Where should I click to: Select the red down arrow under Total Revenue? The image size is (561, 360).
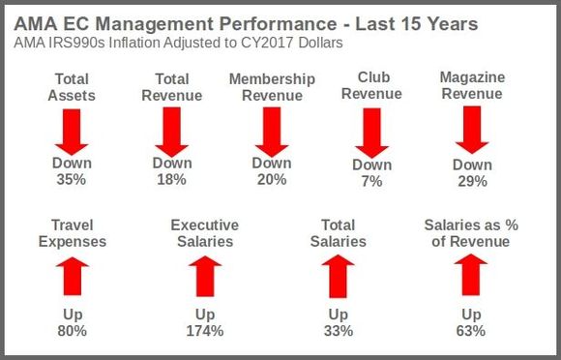click(171, 130)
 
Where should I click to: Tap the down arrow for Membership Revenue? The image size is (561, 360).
click(271, 130)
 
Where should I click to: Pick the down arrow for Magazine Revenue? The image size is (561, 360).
click(472, 130)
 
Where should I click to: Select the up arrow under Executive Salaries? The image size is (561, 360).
click(204, 275)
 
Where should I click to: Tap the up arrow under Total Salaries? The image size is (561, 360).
click(338, 275)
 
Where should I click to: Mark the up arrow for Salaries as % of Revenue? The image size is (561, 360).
click(471, 274)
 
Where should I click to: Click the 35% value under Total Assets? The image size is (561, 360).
click(72, 179)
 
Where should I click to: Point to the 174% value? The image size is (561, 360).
click(205, 331)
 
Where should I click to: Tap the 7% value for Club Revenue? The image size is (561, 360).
click(372, 180)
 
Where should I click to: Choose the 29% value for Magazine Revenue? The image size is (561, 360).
click(472, 181)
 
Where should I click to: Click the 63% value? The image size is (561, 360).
click(471, 331)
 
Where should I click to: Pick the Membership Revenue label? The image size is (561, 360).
click(271, 87)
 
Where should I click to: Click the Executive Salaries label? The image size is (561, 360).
click(204, 233)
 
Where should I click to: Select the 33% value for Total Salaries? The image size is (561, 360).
click(338, 331)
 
